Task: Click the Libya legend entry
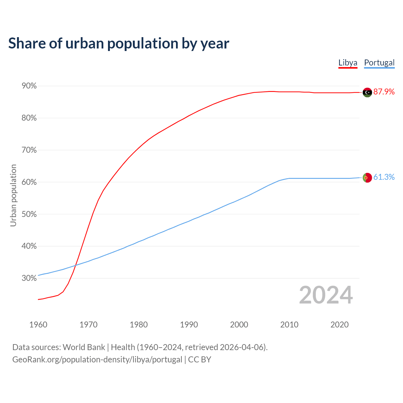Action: point(348,63)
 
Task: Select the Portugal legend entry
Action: point(379,63)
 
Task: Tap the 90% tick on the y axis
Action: point(29,86)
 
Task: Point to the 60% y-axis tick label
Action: point(29,182)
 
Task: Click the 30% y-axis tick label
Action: point(29,278)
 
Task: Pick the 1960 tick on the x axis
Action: point(38,325)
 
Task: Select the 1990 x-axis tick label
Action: point(189,325)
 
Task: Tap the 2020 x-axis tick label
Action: point(339,325)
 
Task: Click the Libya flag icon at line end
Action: point(367,92)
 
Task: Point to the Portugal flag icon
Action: point(367,178)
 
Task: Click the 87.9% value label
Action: point(384,92)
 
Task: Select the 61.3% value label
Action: point(384,177)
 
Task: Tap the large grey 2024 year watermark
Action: point(326,295)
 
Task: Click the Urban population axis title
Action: point(13,195)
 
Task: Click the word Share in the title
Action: point(26,43)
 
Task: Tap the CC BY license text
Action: point(200,360)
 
